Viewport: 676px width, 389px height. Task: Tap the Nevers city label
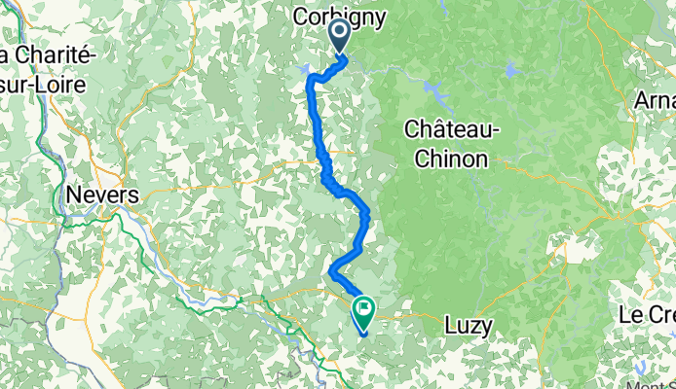click(102, 194)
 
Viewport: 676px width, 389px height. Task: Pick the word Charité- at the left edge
click(49, 55)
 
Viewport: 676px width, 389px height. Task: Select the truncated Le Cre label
click(648, 316)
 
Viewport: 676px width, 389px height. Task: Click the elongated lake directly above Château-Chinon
click(434, 94)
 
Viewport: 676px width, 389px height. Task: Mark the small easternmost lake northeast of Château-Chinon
click(509, 69)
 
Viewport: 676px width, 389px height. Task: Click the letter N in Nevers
click(74, 194)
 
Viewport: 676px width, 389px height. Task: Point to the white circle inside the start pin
click(341, 32)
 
